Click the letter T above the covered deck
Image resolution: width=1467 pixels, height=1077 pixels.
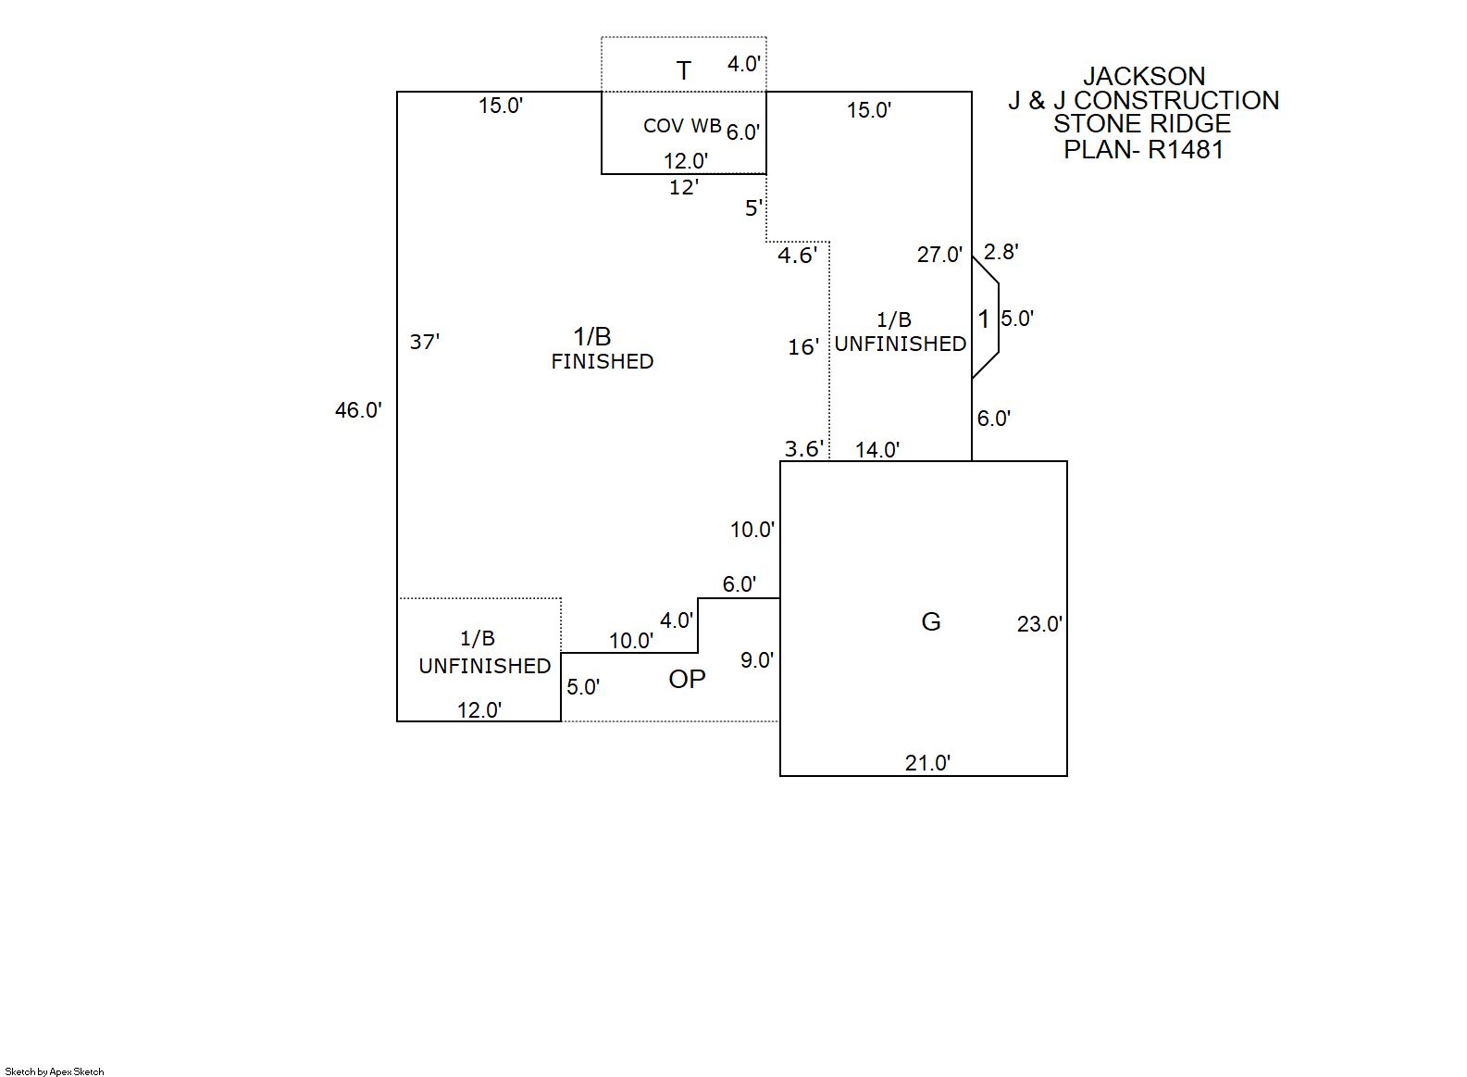coord(683,70)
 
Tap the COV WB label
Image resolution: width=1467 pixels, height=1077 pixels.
coord(681,126)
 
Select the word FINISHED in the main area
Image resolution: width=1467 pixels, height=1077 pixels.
coord(603,361)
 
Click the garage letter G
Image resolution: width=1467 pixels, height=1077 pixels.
coord(931,621)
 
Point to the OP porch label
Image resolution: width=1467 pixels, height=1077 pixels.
coord(687,679)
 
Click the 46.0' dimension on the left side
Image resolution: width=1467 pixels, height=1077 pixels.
coord(358,409)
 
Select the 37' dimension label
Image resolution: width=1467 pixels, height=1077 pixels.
coord(425,343)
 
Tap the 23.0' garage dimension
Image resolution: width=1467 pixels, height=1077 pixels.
coord(1039,624)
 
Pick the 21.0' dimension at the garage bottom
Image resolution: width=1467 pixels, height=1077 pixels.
coord(927,763)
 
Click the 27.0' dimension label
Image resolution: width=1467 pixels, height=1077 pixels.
coord(939,255)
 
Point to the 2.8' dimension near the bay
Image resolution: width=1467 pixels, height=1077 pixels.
coord(1001,252)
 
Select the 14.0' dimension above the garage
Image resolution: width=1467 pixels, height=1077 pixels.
coord(877,450)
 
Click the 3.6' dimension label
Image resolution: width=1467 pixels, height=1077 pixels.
coord(804,449)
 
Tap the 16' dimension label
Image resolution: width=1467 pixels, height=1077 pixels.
coord(803,347)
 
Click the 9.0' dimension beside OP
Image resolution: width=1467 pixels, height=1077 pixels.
coord(757,660)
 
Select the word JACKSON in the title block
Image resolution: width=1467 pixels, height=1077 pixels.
coord(1144,76)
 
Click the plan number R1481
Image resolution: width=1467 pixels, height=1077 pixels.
coord(1186,149)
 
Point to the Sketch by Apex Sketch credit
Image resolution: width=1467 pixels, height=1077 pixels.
coord(55,1071)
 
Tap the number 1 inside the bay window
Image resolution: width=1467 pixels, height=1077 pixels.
coord(984,319)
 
